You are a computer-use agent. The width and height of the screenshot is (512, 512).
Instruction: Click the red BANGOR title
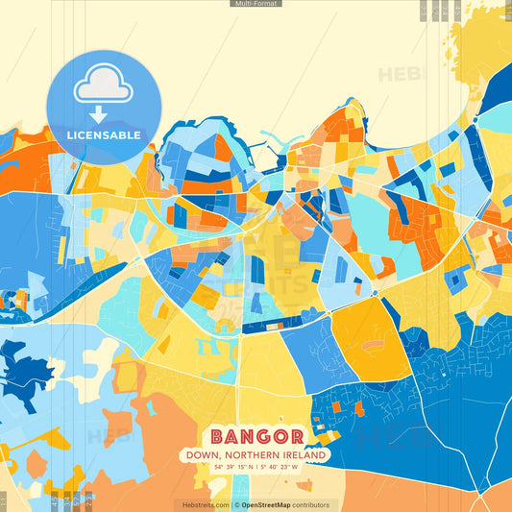256,436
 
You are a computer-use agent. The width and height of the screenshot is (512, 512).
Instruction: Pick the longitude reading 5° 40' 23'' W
282,467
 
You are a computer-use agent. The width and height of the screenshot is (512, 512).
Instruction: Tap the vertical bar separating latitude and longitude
256,467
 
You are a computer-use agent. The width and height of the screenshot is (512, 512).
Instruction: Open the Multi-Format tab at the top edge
256,4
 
